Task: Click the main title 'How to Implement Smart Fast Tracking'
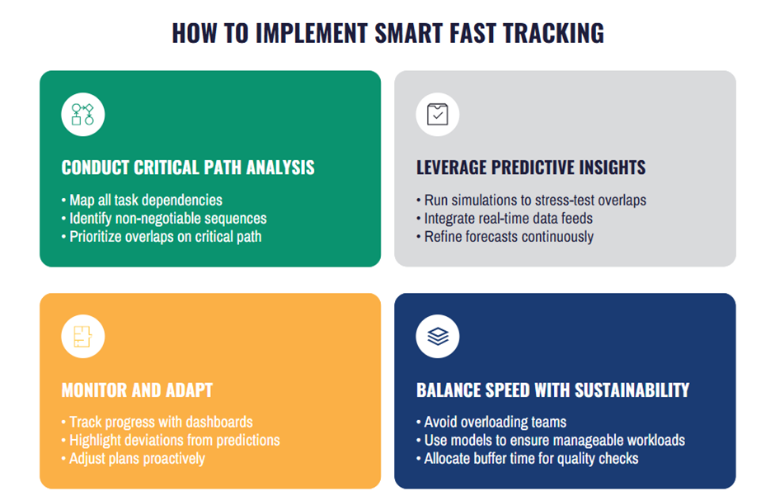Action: pyautogui.click(x=387, y=32)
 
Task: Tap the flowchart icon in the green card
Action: pyautogui.click(x=82, y=114)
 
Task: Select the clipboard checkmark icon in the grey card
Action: pyautogui.click(x=437, y=114)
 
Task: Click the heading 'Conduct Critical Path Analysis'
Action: pyautogui.click(x=188, y=168)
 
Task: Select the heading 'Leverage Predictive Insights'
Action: pyautogui.click(x=531, y=168)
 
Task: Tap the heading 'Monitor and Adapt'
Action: pyautogui.click(x=137, y=390)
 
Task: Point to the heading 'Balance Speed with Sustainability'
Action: pyautogui.click(x=552, y=390)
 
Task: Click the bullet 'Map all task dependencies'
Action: pyautogui.click(x=145, y=201)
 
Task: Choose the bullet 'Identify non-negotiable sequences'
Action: pyautogui.click(x=167, y=219)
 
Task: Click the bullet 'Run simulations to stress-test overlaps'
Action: pyautogui.click(x=534, y=201)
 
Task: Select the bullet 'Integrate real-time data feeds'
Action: pyautogui.click(x=508, y=219)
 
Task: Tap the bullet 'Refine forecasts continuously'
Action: pyautogui.click(x=508, y=237)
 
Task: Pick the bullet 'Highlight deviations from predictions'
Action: pyautogui.click(x=174, y=441)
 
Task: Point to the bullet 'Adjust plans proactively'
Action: pyautogui.click(x=137, y=459)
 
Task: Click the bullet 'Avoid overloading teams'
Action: pyautogui.click(x=495, y=423)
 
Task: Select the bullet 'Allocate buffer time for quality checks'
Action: pyautogui.click(x=531, y=459)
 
